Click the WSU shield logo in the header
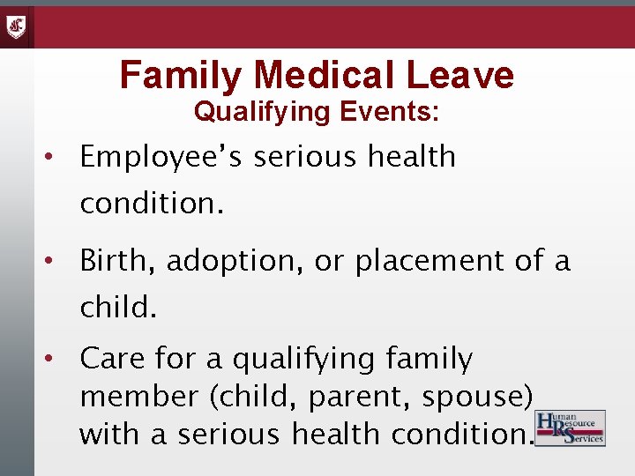point(17,26)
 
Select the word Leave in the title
point(459,76)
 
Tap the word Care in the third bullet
point(110,360)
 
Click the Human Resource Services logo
point(571,428)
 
